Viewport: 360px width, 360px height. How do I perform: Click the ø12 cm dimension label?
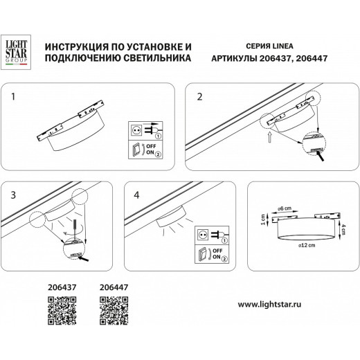305,245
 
